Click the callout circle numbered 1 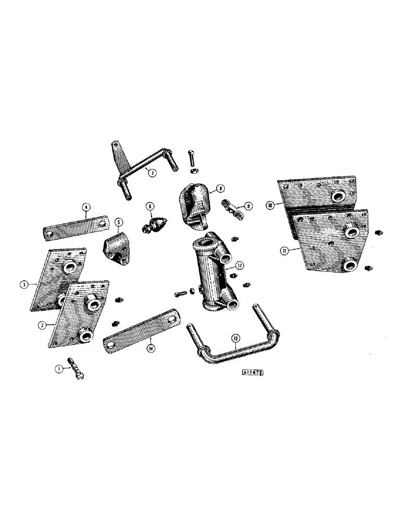(x=59, y=368)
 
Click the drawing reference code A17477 (x=254, y=373)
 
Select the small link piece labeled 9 (x=232, y=207)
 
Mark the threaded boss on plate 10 (x=341, y=195)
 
